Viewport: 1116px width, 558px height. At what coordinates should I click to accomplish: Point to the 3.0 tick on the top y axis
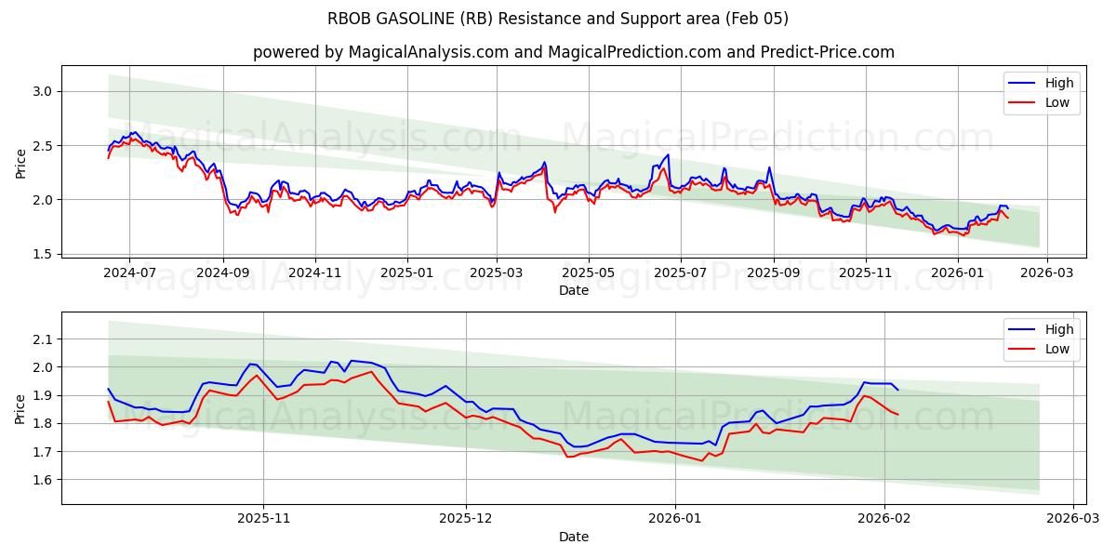point(41,91)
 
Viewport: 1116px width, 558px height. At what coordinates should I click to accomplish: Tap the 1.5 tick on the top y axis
point(41,254)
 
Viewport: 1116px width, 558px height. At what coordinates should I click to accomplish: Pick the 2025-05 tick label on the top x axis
point(589,272)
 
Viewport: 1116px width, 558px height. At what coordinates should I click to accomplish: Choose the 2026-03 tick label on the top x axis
point(1047,272)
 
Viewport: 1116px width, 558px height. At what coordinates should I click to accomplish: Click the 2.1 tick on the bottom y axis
point(41,339)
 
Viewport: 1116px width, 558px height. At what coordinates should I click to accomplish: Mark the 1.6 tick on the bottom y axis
point(41,480)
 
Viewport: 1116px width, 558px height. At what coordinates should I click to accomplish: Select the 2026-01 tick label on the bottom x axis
point(674,518)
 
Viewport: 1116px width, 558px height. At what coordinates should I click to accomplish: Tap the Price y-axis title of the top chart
point(20,163)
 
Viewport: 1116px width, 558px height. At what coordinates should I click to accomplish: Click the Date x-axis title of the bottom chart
point(574,537)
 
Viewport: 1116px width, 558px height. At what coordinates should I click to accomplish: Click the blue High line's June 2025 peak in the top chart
point(668,154)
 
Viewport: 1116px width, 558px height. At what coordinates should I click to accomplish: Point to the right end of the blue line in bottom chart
point(897,390)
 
